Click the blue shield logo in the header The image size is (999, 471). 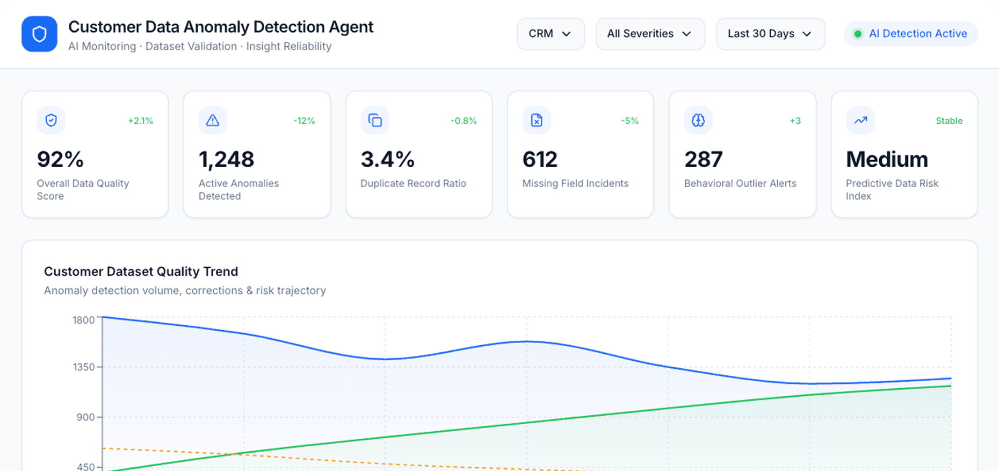pos(39,34)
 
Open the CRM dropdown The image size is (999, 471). pos(551,34)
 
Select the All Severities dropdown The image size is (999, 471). pos(650,34)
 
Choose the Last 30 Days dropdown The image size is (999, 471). pos(770,34)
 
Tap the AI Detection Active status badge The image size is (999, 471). pos(911,34)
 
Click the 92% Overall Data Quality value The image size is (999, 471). pos(60,160)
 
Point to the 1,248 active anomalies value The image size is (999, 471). pos(226,160)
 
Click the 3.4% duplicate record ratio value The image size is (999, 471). pos(387,160)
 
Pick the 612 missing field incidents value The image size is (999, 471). pos(540,160)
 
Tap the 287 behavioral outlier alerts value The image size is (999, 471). pos(703,160)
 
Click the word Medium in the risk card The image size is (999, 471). pos(887,160)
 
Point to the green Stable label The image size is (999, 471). pos(949,121)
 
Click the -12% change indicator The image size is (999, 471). pos(304,121)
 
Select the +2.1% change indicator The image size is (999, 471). pos(141,121)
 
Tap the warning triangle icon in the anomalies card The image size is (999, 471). pos(213,120)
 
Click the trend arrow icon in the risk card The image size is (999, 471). pos(860,120)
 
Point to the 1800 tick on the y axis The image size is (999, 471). pos(83,320)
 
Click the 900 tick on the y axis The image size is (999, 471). pos(85,417)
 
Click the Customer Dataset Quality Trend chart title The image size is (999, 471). pos(141,272)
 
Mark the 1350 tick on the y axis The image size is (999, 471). pos(83,367)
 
